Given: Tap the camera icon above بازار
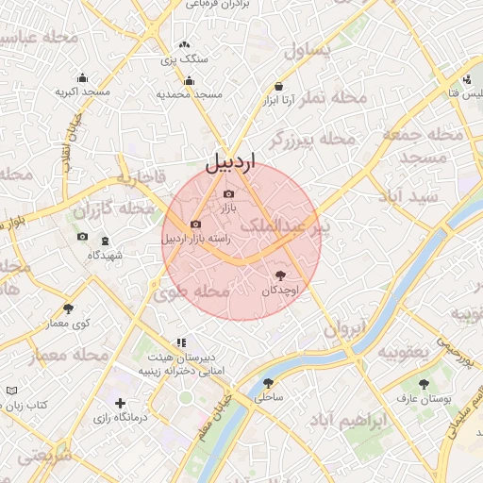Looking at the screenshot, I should pos(228,193).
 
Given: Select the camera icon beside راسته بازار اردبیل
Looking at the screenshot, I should pos(195,225).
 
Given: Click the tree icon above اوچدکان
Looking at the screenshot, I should pos(279,275).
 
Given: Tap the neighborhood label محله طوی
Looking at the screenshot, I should pos(198,291).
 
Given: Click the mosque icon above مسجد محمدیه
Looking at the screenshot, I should pos(189,80).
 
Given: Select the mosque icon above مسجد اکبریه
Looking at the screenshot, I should pos(82,78).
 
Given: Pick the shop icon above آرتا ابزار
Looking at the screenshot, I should pos(279,87).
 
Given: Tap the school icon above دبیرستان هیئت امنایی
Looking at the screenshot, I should pos(180,343).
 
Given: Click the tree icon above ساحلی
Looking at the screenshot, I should pos(268,383).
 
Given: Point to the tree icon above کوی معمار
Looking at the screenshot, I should pos(68,308).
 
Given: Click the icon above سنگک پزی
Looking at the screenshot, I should pos(184,44).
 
